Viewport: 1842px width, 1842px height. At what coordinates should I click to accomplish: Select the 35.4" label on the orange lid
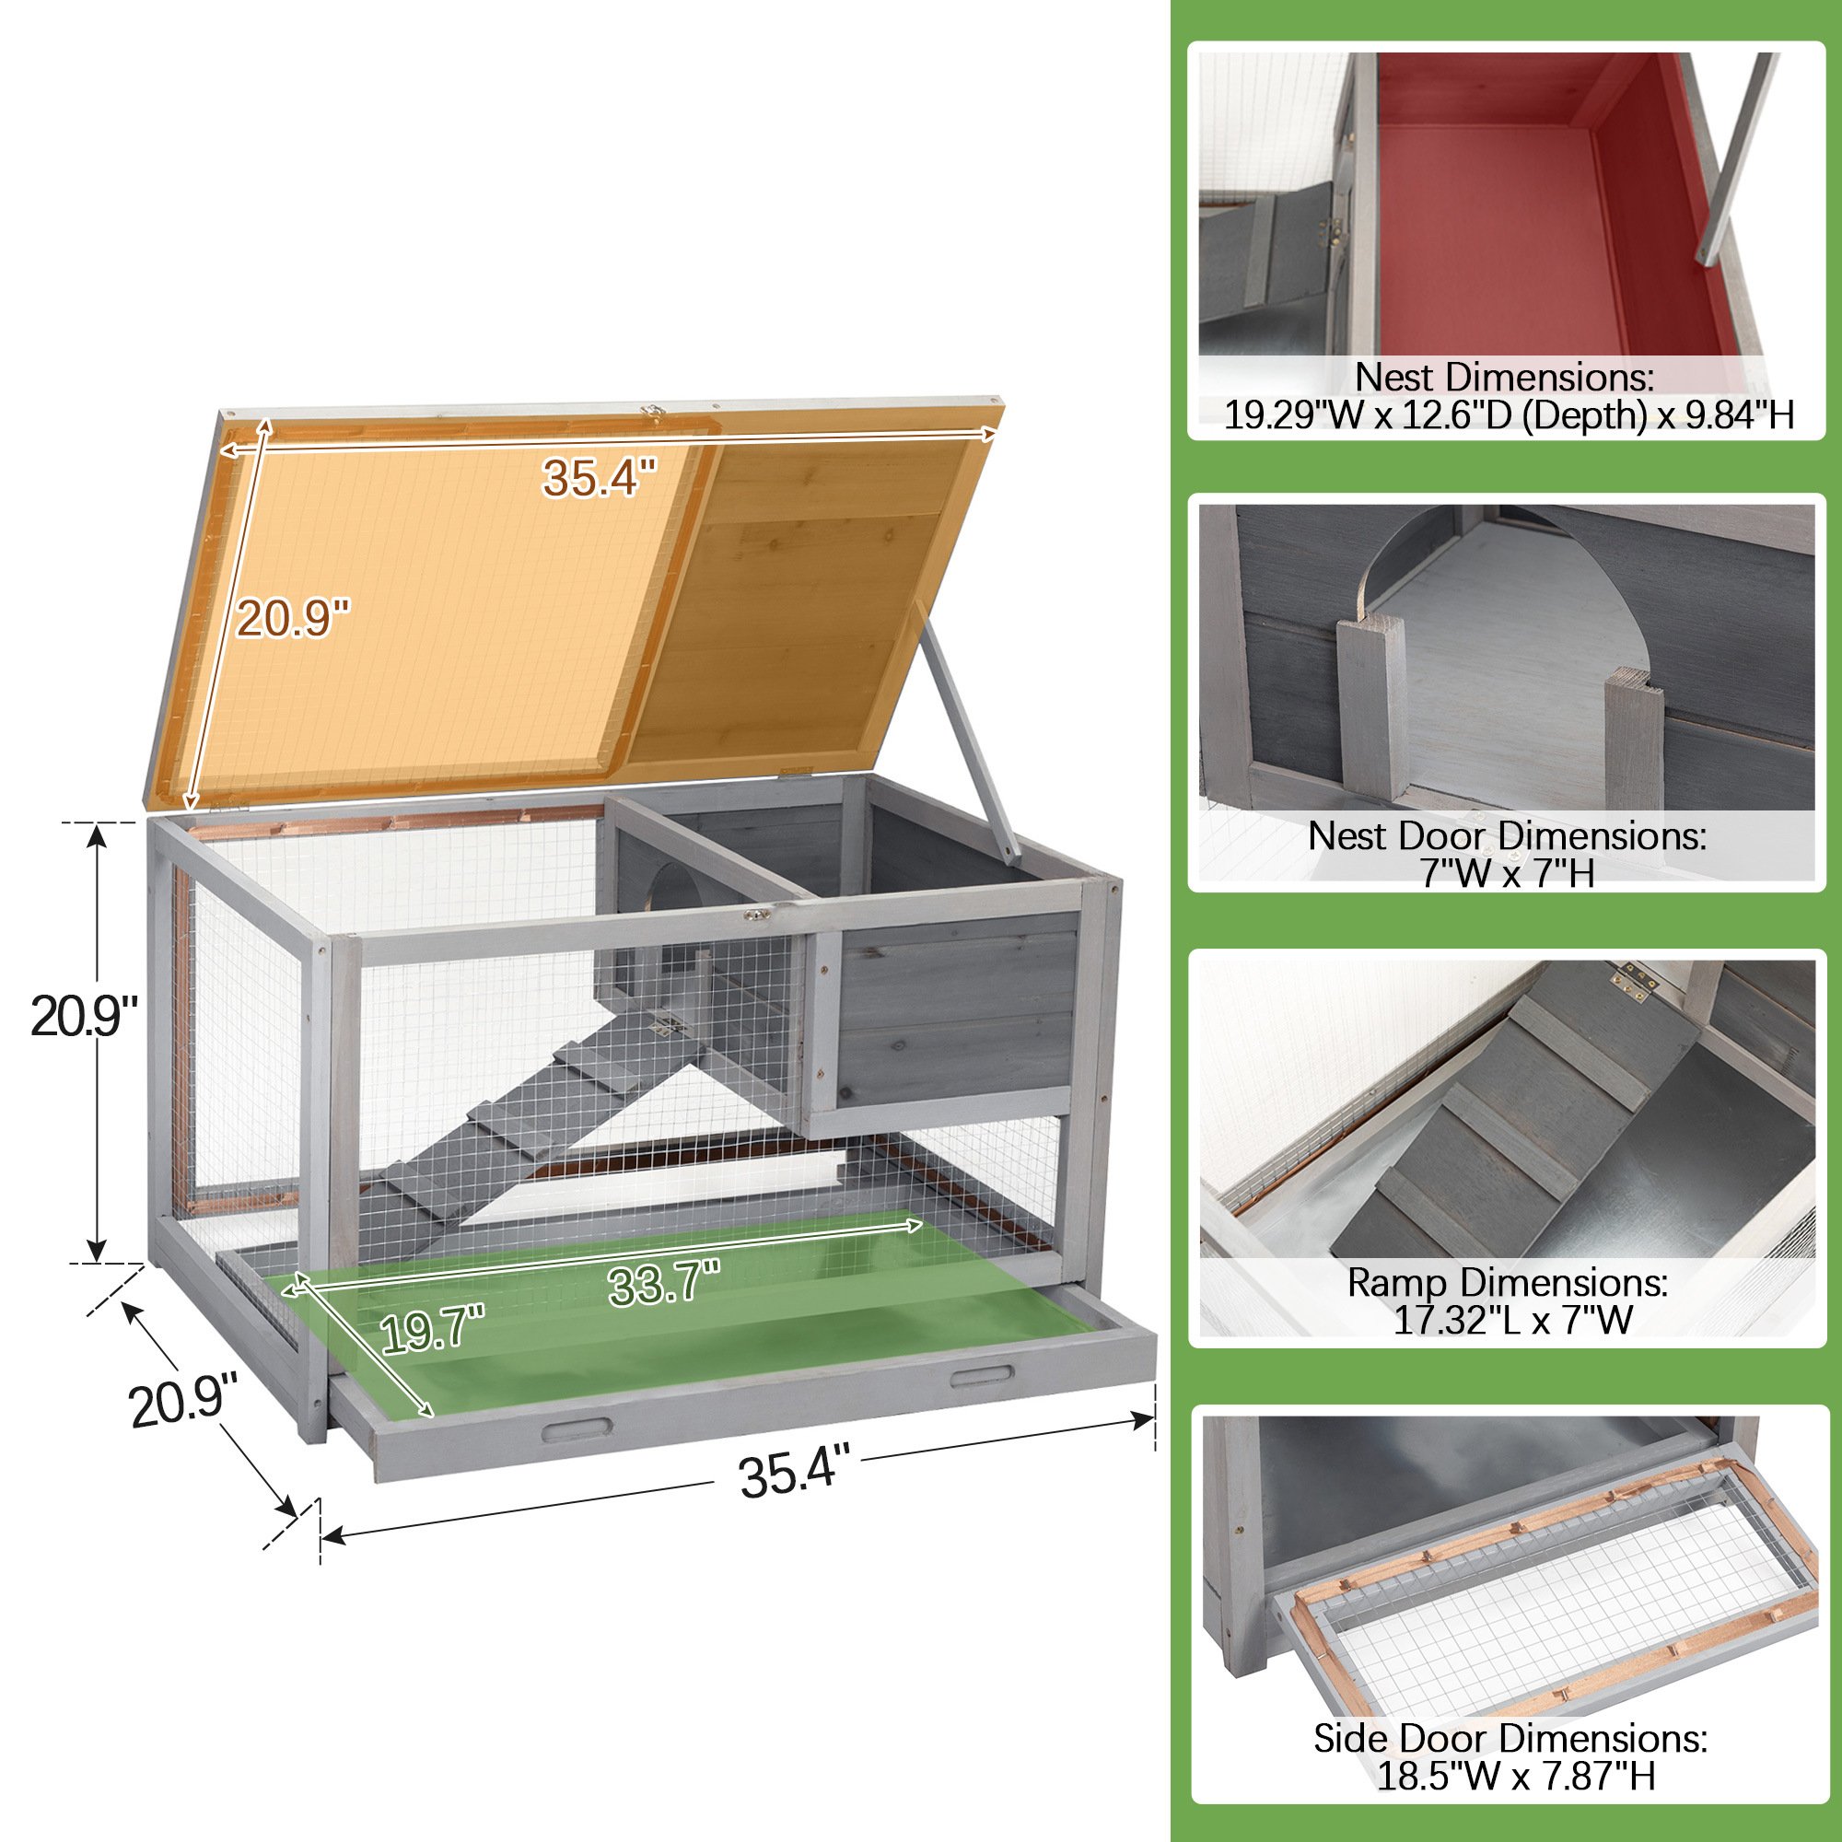600,477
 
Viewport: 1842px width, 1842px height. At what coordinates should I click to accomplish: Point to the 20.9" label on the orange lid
293,617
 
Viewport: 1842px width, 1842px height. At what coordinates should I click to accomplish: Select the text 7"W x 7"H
1509,871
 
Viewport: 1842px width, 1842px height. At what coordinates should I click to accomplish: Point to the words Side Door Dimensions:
1510,1738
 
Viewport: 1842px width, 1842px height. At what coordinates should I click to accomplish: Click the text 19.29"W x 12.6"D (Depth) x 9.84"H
1510,414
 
